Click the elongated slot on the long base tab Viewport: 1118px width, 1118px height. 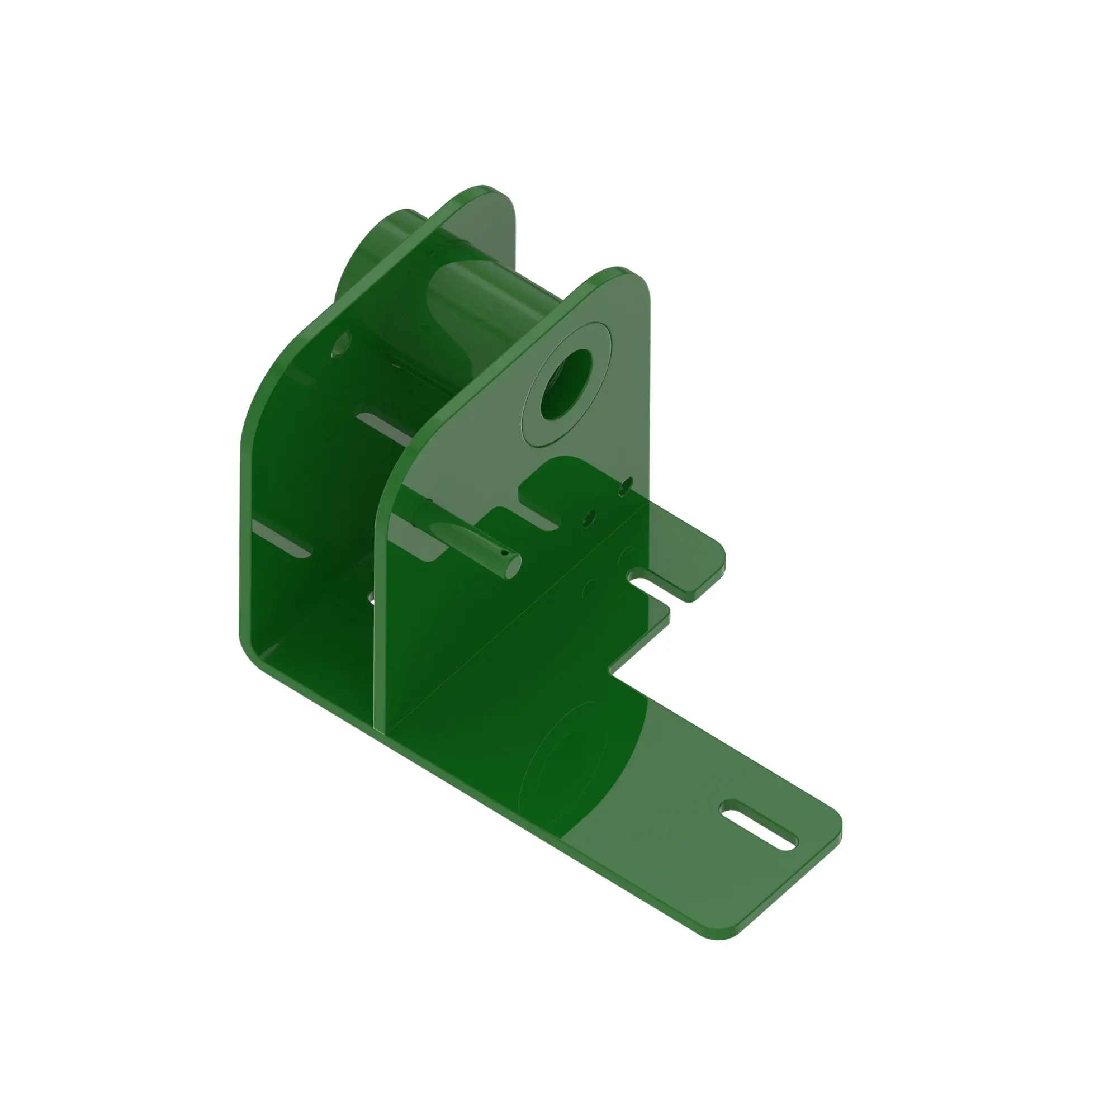pos(757,826)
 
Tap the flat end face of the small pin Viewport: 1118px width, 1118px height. pos(511,563)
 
